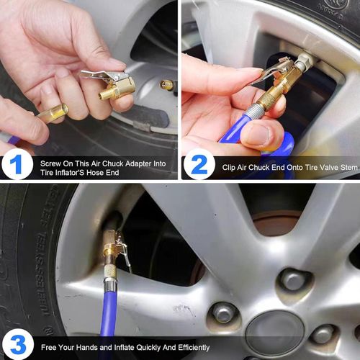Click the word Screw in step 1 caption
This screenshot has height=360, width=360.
51,161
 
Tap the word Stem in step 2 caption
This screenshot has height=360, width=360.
346,165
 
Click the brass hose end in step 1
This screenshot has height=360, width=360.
54,114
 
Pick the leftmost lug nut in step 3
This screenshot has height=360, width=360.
224,312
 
